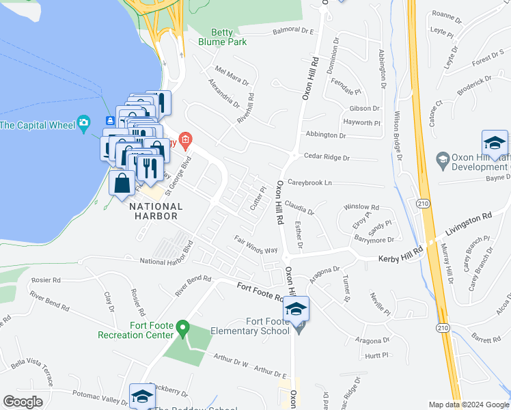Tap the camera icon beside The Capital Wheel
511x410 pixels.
[x=83, y=124]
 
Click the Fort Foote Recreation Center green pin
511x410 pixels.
[x=182, y=329]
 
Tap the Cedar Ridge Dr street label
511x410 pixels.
[x=327, y=157]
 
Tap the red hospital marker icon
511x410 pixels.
[x=184, y=141]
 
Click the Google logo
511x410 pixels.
[x=24, y=401]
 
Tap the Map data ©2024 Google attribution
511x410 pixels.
[x=469, y=405]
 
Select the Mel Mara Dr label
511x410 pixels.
[x=232, y=74]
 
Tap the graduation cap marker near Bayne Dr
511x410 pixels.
[x=494, y=143]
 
